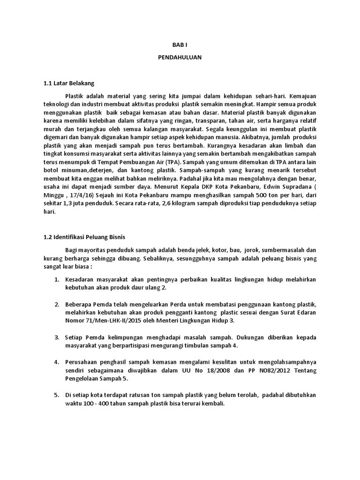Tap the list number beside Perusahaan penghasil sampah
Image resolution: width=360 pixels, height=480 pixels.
56,362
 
